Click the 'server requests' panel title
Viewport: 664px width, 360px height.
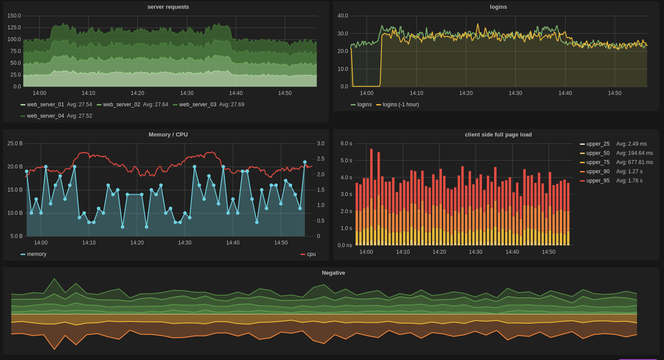pos(168,7)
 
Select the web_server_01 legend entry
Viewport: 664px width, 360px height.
pos(45,105)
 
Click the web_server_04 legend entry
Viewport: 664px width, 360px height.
pos(45,116)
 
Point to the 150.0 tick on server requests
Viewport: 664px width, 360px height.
pos(14,16)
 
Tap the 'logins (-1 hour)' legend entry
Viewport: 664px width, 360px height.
pos(400,105)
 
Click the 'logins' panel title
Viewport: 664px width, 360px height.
pos(498,7)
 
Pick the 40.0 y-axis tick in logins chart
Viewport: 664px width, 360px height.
pos(342,16)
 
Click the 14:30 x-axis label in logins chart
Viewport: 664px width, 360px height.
pos(515,93)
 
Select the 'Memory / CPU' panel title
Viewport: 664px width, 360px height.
pos(168,135)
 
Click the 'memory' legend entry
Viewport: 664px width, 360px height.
pos(36,254)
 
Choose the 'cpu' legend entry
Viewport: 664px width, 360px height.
pos(311,254)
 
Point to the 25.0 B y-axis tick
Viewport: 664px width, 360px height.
pos(15,143)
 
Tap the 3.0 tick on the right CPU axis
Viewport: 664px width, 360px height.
pos(321,143)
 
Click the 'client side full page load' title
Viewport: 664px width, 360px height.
pos(498,135)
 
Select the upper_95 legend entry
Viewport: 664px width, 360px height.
pos(598,181)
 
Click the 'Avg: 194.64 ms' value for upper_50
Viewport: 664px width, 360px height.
pos(634,153)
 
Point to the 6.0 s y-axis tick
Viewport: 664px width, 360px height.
pos(346,143)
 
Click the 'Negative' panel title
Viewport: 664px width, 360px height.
pos(333,273)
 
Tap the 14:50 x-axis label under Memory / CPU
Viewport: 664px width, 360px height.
pos(281,243)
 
